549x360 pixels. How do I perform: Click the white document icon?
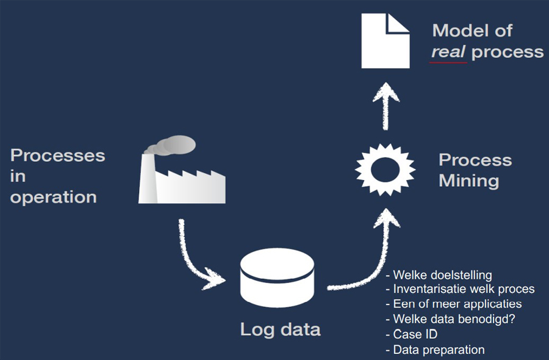click(x=385, y=41)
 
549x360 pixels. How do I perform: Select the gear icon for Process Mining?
click(x=385, y=167)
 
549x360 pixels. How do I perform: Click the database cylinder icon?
click(x=277, y=278)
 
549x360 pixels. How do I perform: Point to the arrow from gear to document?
click(x=385, y=107)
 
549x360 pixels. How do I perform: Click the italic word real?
click(x=448, y=52)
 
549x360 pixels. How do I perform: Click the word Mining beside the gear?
click(x=468, y=181)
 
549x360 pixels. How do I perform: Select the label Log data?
click(x=280, y=329)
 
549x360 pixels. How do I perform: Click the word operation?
click(x=53, y=198)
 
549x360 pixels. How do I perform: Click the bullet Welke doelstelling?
click(x=442, y=275)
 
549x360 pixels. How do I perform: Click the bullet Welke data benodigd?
click(x=454, y=319)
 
